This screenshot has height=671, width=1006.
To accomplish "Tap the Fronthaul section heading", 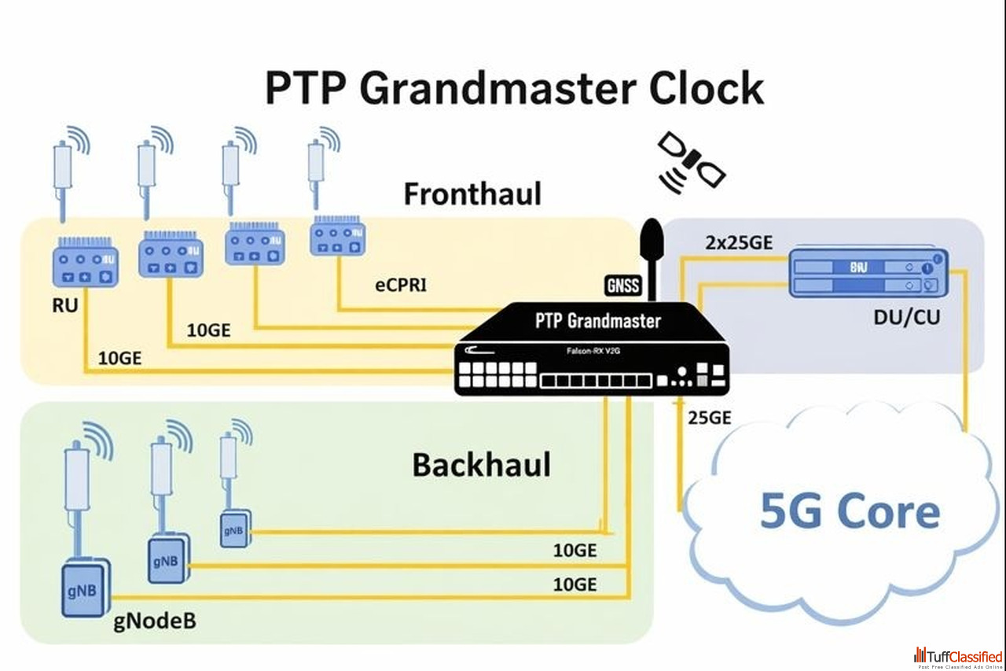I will tap(472, 194).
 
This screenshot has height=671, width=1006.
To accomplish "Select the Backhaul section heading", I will tap(481, 465).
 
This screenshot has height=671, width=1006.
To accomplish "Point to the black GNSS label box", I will tap(623, 286).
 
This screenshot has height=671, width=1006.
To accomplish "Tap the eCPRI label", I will tap(400, 284).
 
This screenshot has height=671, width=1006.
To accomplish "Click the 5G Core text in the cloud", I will tap(850, 511).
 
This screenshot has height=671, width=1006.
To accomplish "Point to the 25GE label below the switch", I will tap(710, 418).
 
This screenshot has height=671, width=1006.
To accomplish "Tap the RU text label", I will tap(66, 304).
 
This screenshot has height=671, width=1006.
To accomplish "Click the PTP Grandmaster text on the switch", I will tap(598, 321).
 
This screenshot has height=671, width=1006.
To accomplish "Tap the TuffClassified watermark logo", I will tap(958, 657).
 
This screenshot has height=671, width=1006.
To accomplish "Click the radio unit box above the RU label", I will tap(85, 264).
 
